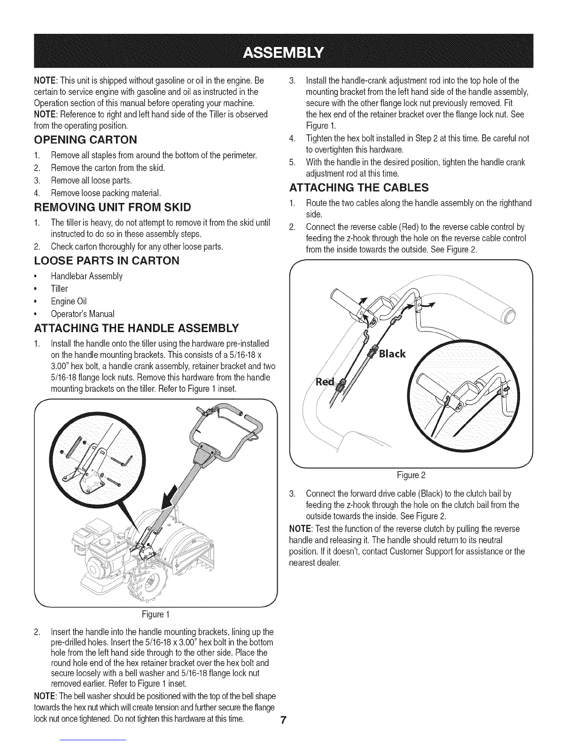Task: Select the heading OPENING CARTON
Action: tap(85, 139)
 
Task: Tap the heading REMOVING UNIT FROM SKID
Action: tap(113, 207)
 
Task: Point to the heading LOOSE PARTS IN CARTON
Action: tap(107, 261)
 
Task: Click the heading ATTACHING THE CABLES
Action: tap(359, 187)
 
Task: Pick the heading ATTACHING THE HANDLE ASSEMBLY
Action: tap(136, 328)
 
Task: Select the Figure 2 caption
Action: tap(411, 475)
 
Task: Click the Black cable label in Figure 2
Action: tap(392, 354)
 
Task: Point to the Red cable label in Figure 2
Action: tap(324, 382)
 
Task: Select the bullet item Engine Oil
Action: tap(69, 301)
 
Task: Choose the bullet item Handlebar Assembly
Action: tap(86, 276)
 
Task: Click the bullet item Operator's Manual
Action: tap(83, 314)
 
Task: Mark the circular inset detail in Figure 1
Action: tap(98, 460)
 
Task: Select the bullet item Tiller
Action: tap(59, 289)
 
